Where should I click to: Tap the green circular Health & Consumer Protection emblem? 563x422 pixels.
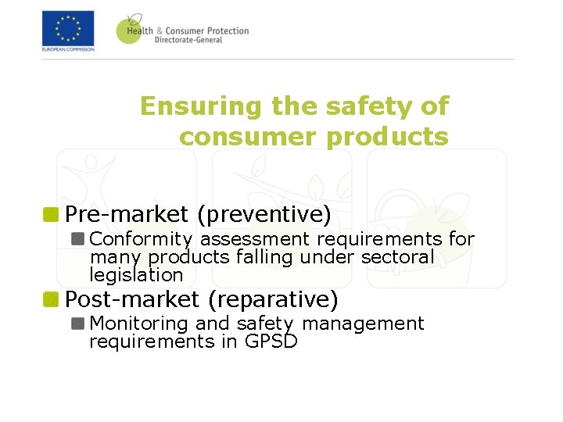pos(129,29)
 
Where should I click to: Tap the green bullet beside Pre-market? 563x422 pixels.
pos(52,213)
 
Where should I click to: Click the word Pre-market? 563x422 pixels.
pos(127,213)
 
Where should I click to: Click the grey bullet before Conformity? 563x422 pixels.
pos(78,238)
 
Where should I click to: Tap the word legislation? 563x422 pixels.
pos(136,275)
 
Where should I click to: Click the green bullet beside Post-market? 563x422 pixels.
pos(52,299)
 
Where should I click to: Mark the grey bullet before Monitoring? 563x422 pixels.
pos(78,323)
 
